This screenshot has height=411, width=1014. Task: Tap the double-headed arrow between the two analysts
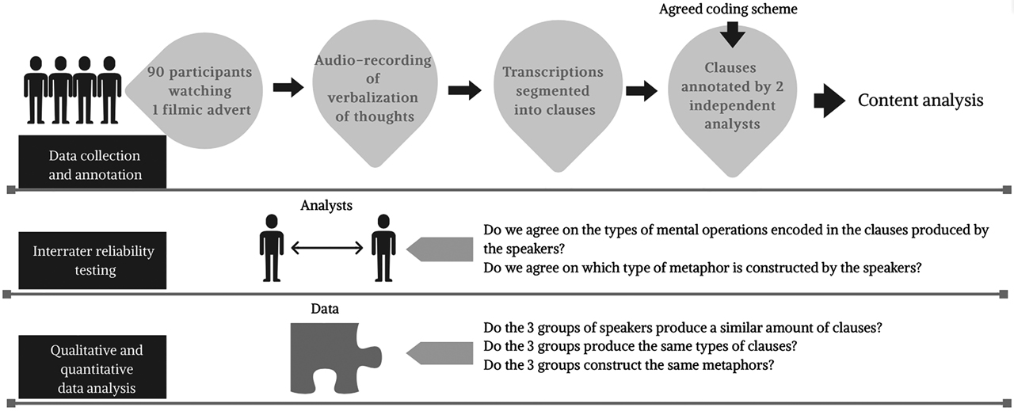click(327, 248)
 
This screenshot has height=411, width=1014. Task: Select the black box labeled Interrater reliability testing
click(93, 261)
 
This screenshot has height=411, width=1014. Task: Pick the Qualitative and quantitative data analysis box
click(93, 369)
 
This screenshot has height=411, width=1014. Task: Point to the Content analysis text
click(921, 100)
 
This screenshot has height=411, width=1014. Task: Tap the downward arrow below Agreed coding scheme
click(732, 33)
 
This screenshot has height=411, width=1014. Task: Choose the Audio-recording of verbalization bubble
click(372, 89)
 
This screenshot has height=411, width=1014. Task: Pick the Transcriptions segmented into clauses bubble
click(553, 90)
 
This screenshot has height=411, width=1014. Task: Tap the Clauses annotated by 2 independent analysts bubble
click(731, 95)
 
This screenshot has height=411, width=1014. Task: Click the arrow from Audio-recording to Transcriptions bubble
click(464, 89)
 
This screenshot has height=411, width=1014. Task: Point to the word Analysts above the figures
click(326, 206)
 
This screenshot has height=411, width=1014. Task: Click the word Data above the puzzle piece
click(325, 309)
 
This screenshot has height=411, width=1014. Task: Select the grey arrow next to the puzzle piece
click(439, 352)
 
